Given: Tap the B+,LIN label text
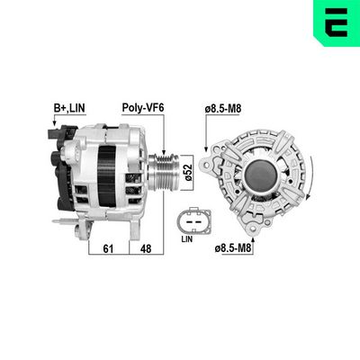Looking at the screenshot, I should [x=70, y=108].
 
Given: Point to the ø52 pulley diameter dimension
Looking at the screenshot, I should [x=189, y=171].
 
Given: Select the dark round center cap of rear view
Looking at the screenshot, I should [x=257, y=172].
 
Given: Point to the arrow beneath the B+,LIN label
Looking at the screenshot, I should [x=56, y=120].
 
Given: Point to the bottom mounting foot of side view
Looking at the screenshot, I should [x=68, y=221].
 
